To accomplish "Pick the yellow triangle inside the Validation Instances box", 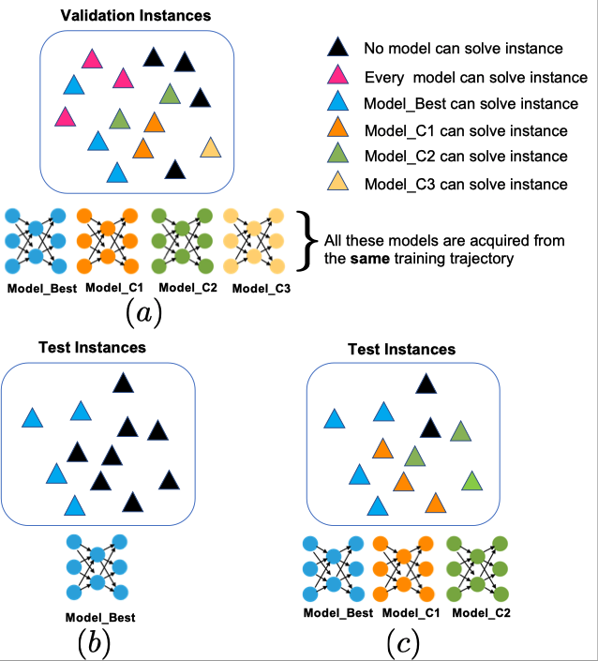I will click(211, 147).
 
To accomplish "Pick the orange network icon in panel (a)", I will click(107, 240).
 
